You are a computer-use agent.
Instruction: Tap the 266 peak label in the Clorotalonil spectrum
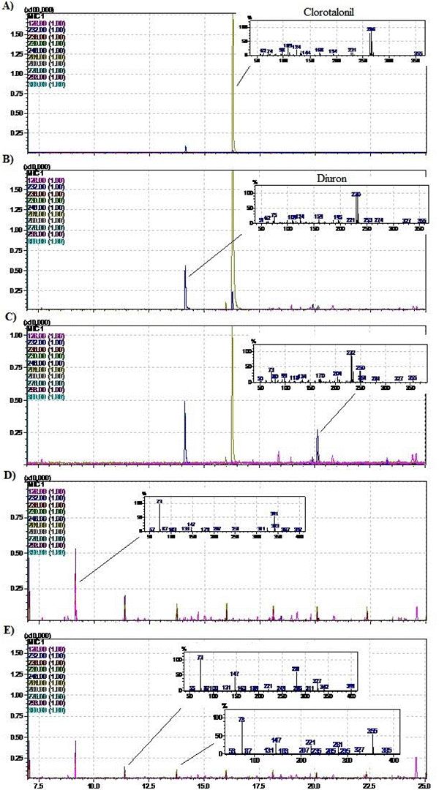371,29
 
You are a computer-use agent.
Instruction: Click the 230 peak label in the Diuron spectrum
356,195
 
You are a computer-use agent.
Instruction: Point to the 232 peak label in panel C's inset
350,353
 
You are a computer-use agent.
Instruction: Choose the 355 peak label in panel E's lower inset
372,731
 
